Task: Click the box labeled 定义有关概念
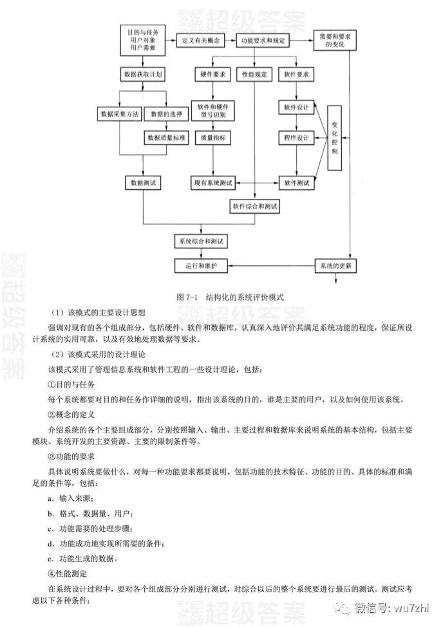(201, 40)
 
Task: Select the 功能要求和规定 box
(261, 40)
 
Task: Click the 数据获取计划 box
(142, 74)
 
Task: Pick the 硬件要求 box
(212, 74)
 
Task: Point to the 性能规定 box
(254, 74)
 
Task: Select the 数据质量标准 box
(166, 137)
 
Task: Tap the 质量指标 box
(212, 137)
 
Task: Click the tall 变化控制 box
(335, 136)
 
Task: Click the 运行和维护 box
(199, 265)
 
